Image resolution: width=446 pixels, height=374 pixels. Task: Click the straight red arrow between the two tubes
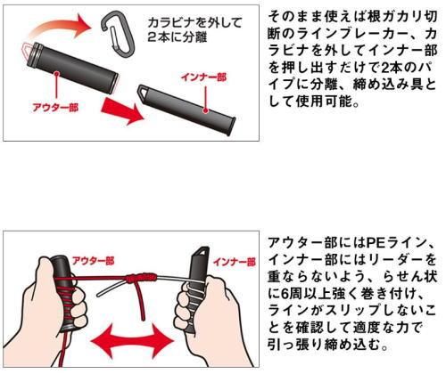(x=122, y=110)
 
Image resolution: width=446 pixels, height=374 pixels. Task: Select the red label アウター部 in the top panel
(x=55, y=107)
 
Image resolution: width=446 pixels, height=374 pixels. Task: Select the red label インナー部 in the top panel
(x=204, y=77)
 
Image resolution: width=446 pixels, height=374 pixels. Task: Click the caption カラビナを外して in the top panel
(x=194, y=23)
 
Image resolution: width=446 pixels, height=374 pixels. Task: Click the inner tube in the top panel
(x=186, y=109)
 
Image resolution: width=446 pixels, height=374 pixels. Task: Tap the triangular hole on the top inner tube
(x=145, y=91)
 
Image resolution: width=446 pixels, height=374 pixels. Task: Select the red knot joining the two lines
(x=140, y=278)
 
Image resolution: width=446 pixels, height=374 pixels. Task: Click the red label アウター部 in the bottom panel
(x=94, y=261)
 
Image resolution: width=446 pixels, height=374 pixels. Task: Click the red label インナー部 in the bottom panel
(x=235, y=262)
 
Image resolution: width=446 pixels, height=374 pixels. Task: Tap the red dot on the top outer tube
(x=56, y=73)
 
